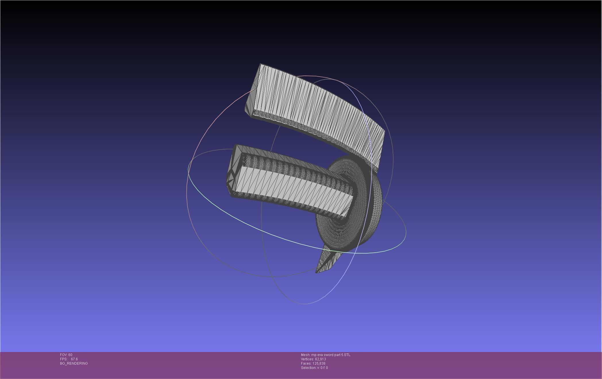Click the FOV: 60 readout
click(x=66, y=355)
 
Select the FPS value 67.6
click(x=74, y=359)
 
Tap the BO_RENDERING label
click(x=74, y=363)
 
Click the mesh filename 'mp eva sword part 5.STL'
click(x=331, y=355)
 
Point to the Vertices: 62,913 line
click(x=313, y=359)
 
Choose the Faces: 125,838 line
click(x=313, y=363)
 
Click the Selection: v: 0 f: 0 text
click(x=314, y=368)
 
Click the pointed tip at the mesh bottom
click(x=317, y=272)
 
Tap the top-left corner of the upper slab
click(x=261, y=64)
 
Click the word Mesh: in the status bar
click(x=305, y=355)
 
